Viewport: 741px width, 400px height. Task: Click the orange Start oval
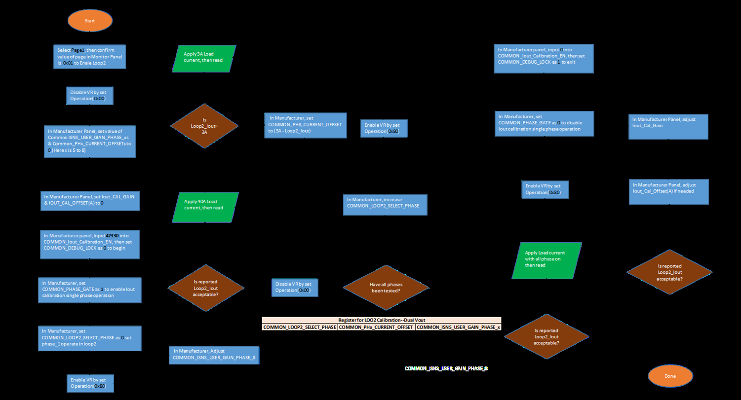click(90, 21)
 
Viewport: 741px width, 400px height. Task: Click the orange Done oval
click(670, 376)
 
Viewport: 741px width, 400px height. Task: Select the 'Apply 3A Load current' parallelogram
click(204, 58)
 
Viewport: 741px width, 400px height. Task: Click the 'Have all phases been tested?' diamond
click(385, 287)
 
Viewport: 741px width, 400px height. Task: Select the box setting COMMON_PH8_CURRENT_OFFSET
click(305, 124)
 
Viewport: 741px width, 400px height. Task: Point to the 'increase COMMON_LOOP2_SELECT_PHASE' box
click(385, 204)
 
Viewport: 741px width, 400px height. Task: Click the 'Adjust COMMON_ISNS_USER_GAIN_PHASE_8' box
click(214, 355)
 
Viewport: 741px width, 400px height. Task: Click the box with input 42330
click(89, 244)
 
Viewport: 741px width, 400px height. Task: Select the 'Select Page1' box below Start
click(89, 57)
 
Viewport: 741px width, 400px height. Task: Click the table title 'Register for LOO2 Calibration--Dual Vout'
click(381, 320)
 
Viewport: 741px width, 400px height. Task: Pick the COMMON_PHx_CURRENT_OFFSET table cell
click(376, 327)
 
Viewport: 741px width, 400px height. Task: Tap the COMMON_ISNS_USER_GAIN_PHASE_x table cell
click(458, 327)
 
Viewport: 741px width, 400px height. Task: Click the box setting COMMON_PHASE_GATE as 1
click(89, 290)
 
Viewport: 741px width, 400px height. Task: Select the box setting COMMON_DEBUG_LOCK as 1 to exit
click(544, 59)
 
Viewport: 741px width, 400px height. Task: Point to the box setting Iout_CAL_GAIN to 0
click(90, 203)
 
